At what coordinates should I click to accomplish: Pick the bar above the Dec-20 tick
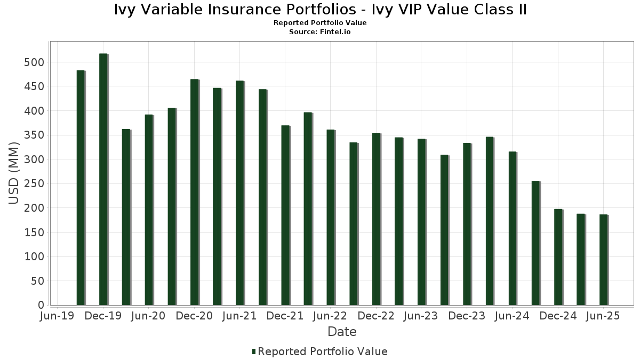point(194,192)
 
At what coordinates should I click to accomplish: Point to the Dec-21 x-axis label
point(285,316)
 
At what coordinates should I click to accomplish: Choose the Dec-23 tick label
point(467,316)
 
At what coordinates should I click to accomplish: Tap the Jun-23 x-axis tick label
point(421,316)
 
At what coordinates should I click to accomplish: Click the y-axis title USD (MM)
point(15,173)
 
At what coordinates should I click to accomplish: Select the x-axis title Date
point(342,332)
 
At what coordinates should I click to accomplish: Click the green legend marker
point(254,351)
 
